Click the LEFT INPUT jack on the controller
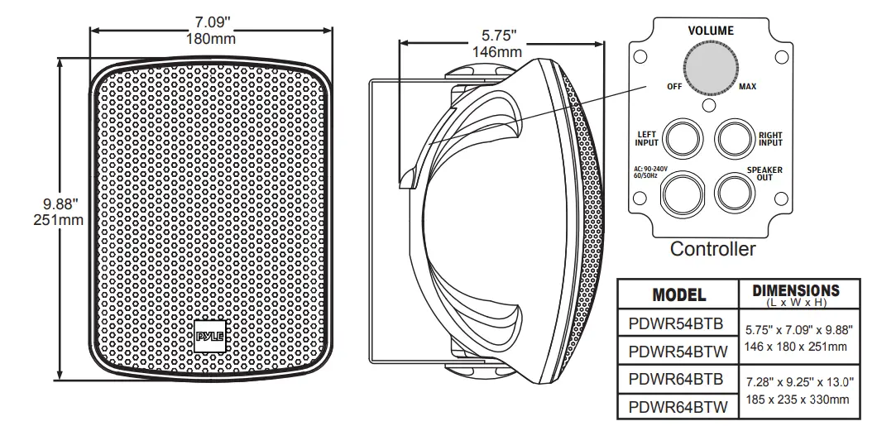click(x=683, y=137)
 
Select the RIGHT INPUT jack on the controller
click(x=735, y=137)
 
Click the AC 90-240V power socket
click(x=683, y=192)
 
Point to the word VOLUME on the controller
click(x=711, y=31)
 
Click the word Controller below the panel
click(x=712, y=249)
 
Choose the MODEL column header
click(x=678, y=294)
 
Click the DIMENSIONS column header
click(x=795, y=290)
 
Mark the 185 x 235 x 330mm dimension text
click(x=796, y=400)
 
